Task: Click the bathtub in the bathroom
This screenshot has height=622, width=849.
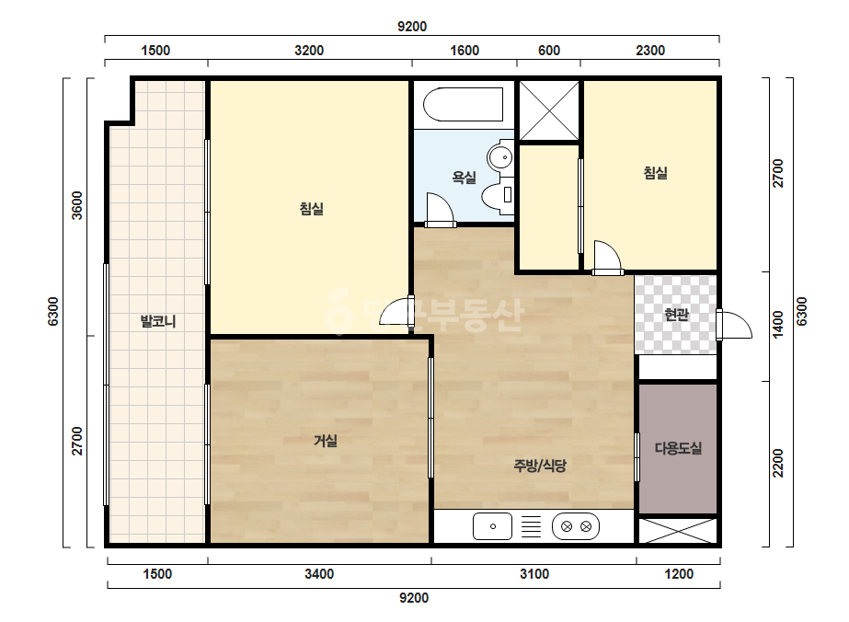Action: [x=464, y=105]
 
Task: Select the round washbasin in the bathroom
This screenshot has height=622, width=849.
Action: [x=500, y=157]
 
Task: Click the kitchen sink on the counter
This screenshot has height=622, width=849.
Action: [x=492, y=526]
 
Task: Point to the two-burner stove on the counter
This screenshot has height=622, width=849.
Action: [x=576, y=526]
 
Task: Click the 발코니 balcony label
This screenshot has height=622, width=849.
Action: [x=158, y=321]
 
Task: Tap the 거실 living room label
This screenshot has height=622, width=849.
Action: [x=326, y=441]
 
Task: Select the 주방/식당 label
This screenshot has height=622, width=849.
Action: [x=540, y=465]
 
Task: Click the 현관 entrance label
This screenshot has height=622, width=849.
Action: [x=676, y=314]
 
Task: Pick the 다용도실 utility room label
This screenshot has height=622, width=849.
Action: [x=679, y=448]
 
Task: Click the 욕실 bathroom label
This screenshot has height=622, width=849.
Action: [x=464, y=177]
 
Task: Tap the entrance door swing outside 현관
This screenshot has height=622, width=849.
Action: [x=735, y=325]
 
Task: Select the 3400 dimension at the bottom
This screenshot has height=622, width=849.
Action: [x=319, y=574]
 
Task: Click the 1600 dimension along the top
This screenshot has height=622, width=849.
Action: [x=465, y=51]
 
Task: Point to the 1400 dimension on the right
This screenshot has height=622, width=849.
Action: [x=777, y=324]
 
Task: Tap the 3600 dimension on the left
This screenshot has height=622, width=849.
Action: [x=77, y=205]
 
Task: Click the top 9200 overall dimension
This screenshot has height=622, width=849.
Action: [x=412, y=27]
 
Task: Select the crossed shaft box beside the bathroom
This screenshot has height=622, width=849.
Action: [x=549, y=110]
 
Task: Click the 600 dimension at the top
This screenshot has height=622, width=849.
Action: [x=549, y=51]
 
